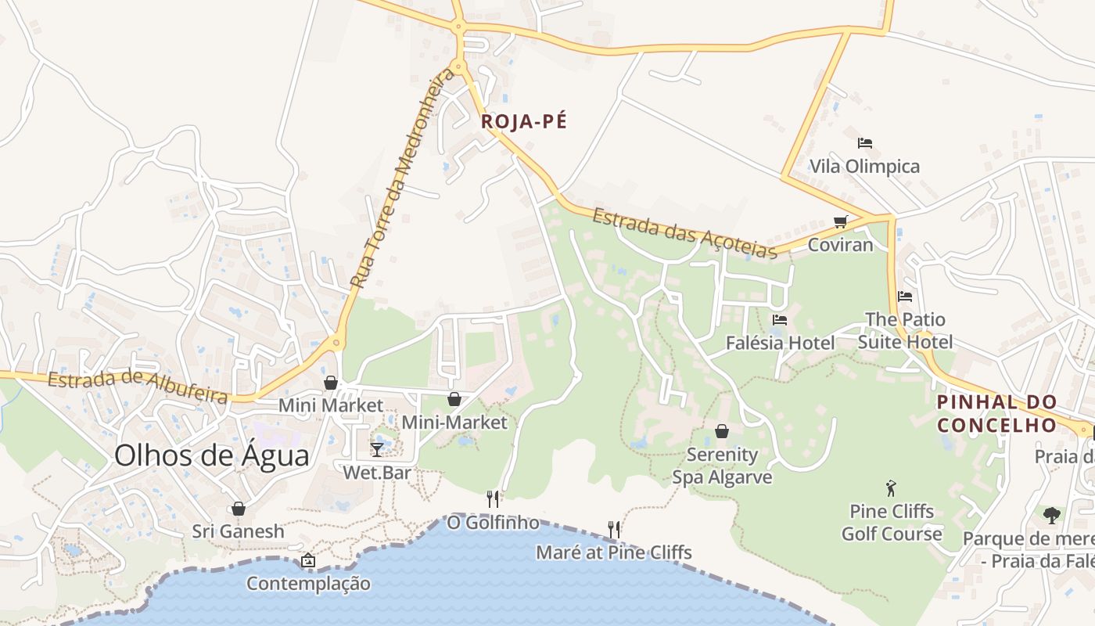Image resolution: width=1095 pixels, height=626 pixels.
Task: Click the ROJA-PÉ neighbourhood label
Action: pyautogui.click(x=523, y=121)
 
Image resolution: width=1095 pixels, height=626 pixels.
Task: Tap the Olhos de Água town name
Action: pyautogui.click(x=212, y=455)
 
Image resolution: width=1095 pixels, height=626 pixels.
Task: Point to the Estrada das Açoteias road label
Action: pyautogui.click(x=684, y=232)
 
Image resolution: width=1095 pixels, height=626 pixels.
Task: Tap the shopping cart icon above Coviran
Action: pyautogui.click(x=840, y=221)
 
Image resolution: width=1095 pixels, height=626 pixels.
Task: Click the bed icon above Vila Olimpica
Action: pyautogui.click(x=864, y=143)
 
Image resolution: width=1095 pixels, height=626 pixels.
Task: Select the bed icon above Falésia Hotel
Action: pyautogui.click(x=779, y=320)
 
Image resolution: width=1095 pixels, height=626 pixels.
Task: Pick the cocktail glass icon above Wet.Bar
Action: pyautogui.click(x=377, y=449)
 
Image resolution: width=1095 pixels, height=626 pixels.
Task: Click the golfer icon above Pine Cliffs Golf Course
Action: pyautogui.click(x=891, y=489)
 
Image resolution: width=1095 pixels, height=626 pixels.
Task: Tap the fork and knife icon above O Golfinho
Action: pyautogui.click(x=493, y=498)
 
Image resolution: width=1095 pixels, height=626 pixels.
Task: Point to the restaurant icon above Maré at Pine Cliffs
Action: pyautogui.click(x=614, y=530)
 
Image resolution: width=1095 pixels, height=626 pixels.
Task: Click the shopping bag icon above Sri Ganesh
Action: pyautogui.click(x=239, y=509)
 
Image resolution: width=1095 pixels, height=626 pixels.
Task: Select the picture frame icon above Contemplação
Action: pyautogui.click(x=308, y=560)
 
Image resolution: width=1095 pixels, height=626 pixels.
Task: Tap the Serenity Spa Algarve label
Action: pyautogui.click(x=722, y=466)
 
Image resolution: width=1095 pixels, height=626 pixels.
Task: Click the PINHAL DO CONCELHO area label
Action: pyautogui.click(x=997, y=413)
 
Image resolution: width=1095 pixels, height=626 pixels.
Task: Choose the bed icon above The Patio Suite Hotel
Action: pyautogui.click(x=905, y=297)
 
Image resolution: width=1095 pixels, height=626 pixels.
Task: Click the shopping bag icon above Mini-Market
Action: pyautogui.click(x=454, y=399)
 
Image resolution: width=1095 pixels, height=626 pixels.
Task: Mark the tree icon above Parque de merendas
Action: pyautogui.click(x=1052, y=515)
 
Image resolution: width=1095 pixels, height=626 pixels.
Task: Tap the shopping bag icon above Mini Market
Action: pyautogui.click(x=331, y=382)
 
